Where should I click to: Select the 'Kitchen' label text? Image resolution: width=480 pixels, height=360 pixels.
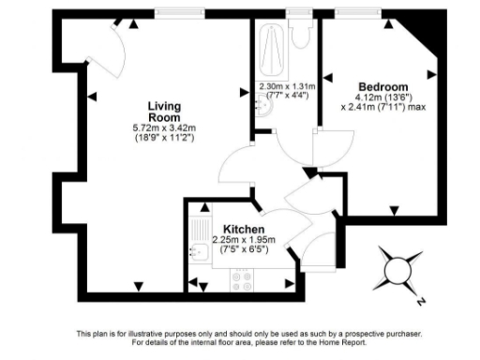click(243, 229)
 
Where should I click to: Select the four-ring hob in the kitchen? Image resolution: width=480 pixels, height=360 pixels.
click(243, 277)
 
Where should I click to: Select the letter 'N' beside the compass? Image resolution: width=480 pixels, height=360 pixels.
click(421, 302)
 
